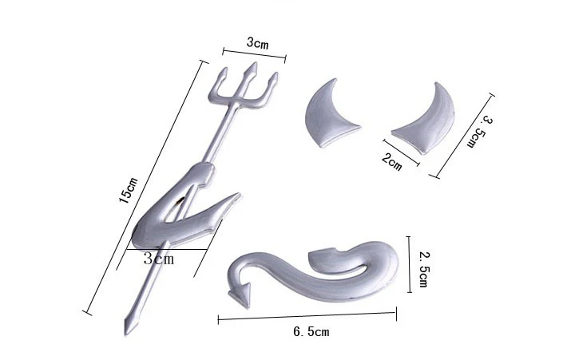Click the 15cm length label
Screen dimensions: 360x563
pos(129,192)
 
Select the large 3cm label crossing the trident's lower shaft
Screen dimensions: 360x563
pos(159,259)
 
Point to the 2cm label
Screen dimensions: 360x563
pos(392,162)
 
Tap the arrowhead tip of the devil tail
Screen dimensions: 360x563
pos(237,296)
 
